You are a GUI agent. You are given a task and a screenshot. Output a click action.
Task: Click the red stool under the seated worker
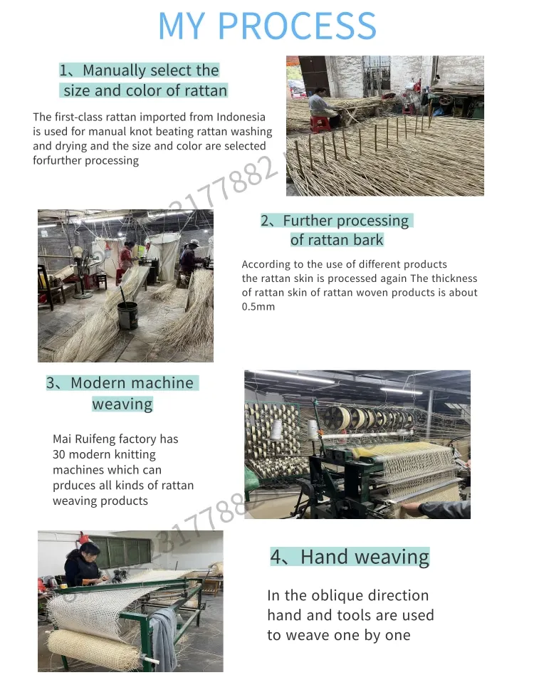point(320,123)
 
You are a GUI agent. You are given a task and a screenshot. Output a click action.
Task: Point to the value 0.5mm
point(258,307)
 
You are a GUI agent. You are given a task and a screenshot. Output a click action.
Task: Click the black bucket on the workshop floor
point(127,315)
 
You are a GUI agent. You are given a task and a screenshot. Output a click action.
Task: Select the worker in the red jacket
point(126,257)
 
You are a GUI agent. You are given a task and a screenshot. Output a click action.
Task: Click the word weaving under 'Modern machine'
point(122,404)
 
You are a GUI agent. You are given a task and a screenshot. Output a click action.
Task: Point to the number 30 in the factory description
point(60,455)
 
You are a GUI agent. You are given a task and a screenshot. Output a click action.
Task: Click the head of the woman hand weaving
point(77,553)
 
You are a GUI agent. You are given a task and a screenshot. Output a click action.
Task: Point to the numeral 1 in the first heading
point(64,70)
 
